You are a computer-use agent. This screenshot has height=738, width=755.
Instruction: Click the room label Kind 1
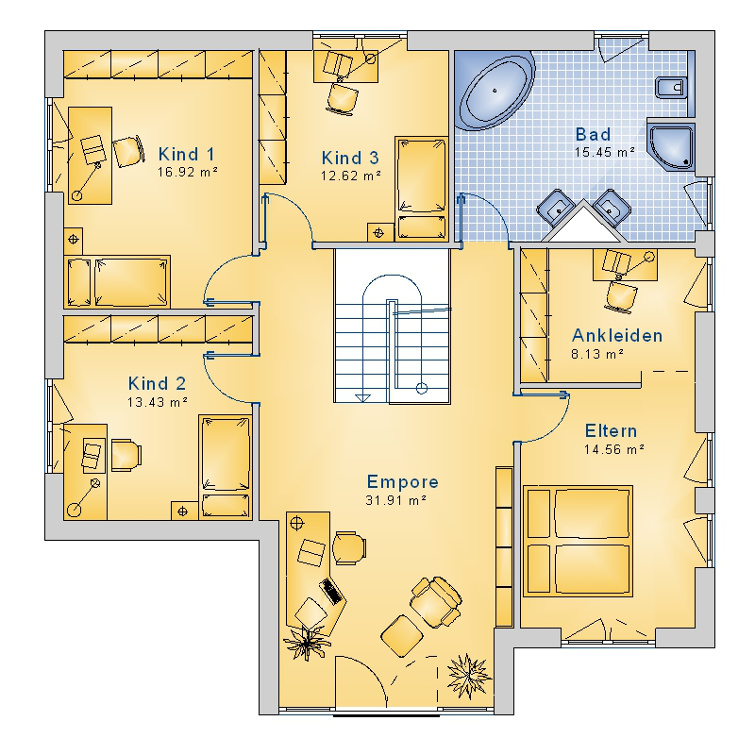[x=186, y=155]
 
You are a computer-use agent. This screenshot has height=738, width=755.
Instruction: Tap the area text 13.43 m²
[x=158, y=402]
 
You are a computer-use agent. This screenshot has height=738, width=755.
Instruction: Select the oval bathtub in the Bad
[x=495, y=91]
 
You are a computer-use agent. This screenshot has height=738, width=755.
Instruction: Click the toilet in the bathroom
[x=670, y=88]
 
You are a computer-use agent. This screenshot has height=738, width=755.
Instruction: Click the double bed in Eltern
[x=578, y=541]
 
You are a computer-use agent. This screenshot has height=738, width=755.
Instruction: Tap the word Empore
[x=403, y=482]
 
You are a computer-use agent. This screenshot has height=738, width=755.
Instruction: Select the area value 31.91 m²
[x=395, y=501]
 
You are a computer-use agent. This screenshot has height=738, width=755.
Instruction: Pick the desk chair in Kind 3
[x=343, y=98]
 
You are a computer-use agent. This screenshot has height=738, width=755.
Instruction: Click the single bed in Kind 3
[x=421, y=188]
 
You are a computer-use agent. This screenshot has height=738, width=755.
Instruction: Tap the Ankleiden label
[x=617, y=336]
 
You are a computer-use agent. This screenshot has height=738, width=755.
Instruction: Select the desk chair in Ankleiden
[x=622, y=295]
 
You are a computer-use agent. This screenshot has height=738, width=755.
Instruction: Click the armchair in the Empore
[x=436, y=602]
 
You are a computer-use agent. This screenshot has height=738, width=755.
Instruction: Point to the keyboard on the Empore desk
[x=333, y=591]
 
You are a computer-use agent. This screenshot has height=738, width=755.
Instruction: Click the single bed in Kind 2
[x=226, y=467]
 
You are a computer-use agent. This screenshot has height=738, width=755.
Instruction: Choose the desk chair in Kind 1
[x=128, y=151]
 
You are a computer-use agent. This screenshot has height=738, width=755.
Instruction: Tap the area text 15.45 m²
[x=604, y=153]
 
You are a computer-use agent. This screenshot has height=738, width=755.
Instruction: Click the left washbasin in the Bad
[x=556, y=208]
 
